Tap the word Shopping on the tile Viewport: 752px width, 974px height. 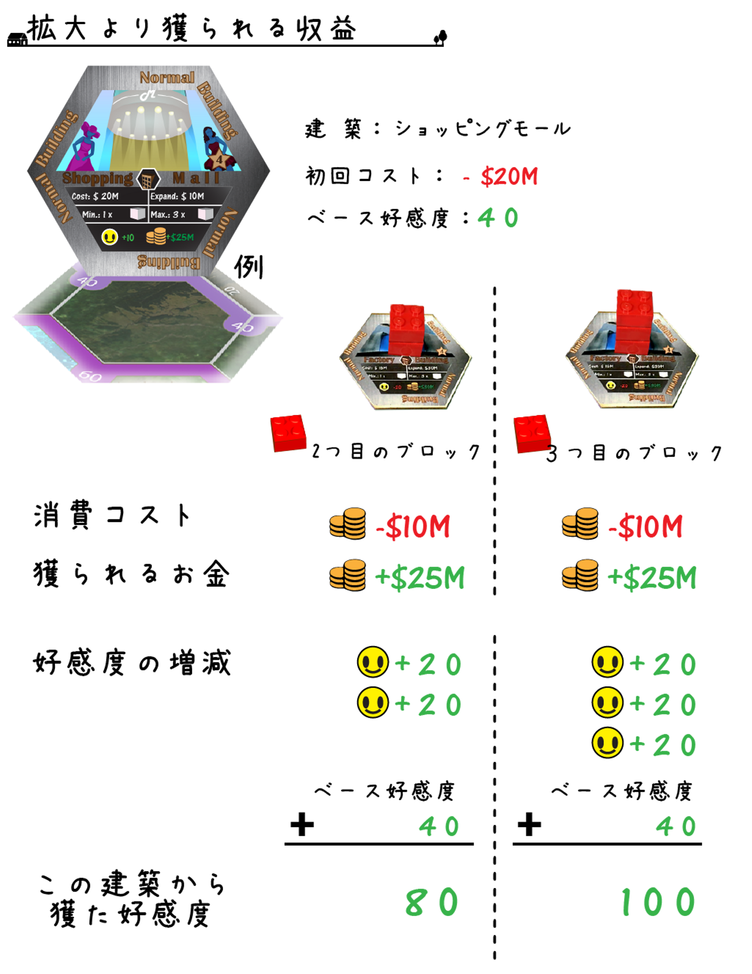pos(98,179)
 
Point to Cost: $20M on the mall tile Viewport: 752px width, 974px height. pos(96,196)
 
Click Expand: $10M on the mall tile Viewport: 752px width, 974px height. pos(178,196)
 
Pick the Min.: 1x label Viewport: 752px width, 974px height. pos(97,215)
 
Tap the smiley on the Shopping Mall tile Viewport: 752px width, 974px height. pos(110,237)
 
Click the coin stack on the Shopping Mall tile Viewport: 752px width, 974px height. pos(156,236)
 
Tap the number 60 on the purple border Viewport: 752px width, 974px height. pos(90,375)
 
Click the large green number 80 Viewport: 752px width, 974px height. pos(432,902)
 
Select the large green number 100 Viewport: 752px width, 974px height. pos(658,902)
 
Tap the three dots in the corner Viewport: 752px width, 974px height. pos(14,42)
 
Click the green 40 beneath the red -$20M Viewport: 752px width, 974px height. pos(498,218)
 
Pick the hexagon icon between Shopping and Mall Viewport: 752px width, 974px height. pos(148,180)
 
